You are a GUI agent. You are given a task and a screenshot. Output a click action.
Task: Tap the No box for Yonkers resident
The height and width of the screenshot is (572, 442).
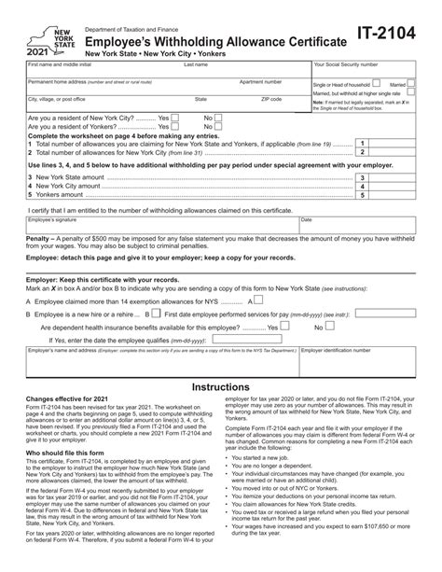(x=219, y=127)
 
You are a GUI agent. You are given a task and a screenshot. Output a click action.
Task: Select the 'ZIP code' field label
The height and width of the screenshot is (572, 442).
(x=271, y=98)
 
